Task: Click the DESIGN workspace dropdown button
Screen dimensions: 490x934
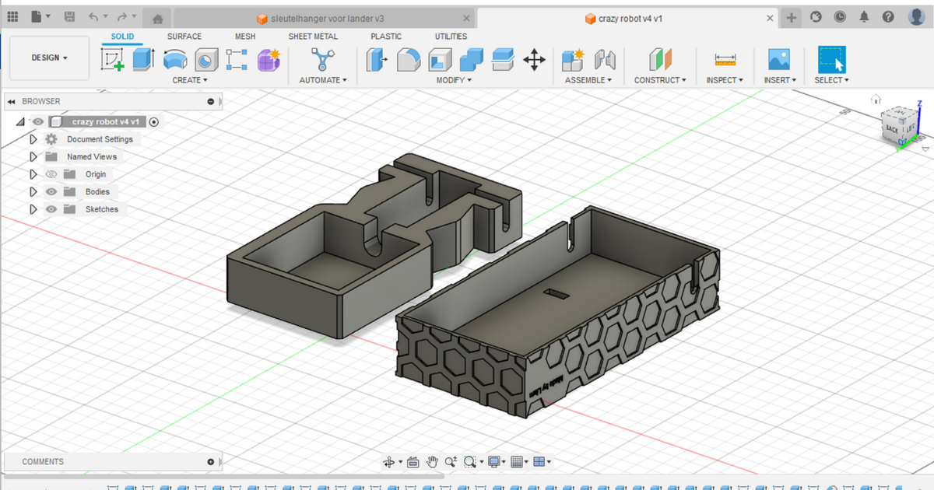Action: (49, 58)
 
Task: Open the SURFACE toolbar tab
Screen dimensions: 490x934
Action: (184, 37)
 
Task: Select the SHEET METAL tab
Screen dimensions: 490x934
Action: (313, 37)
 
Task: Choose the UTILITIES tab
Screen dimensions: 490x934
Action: (451, 37)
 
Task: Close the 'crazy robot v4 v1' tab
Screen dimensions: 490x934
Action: (770, 18)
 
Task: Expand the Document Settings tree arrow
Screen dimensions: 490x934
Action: (33, 139)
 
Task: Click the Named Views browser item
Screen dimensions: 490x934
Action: (91, 156)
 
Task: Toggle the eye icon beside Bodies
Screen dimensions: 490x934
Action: (51, 191)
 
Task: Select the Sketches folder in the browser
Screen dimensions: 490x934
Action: (101, 209)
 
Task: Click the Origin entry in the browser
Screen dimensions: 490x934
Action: (96, 174)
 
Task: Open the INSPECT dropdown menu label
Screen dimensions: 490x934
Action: (725, 80)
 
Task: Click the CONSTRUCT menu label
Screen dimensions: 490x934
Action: (660, 80)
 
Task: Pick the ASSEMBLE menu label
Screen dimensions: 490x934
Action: (588, 80)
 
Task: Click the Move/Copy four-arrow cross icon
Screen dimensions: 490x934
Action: (534, 60)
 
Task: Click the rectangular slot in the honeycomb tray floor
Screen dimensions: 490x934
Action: (557, 293)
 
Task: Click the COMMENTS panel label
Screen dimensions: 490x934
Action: (43, 461)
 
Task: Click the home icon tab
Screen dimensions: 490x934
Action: (157, 18)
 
